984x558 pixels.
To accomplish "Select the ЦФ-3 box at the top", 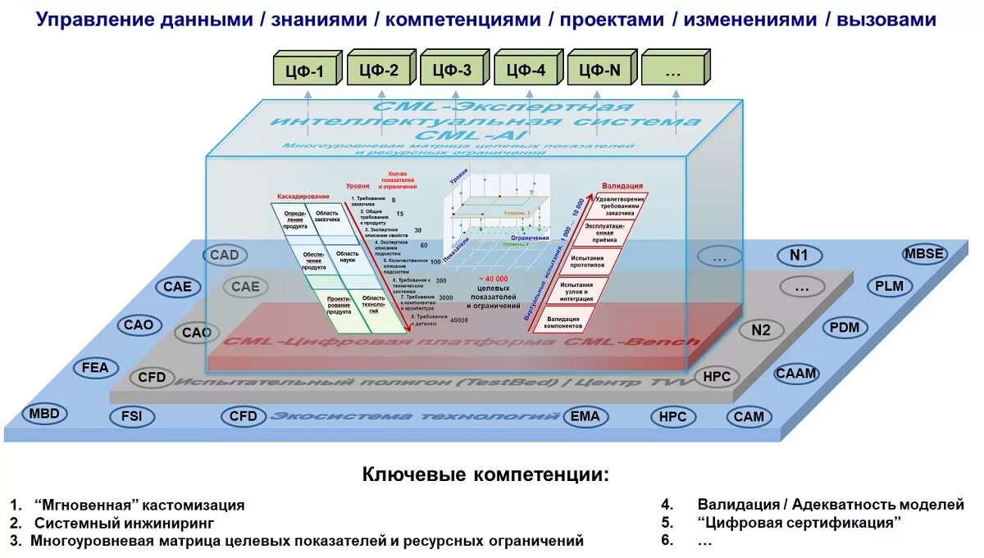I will tap(451, 70).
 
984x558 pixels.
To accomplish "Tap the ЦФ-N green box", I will tap(599, 70).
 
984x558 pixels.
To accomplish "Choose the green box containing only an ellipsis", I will tap(673, 70).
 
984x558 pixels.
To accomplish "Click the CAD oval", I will tap(224, 255).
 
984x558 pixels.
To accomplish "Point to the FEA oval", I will tap(95, 368).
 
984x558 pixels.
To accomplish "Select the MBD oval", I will tap(44, 414).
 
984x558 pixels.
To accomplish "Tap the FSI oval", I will tap(131, 416).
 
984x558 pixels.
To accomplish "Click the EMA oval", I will tap(585, 416).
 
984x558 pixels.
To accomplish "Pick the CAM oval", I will tap(749, 416).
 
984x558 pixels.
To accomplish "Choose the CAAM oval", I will tap(796, 374).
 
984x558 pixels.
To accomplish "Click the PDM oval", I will tap(845, 328).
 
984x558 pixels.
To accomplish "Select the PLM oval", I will tap(889, 286).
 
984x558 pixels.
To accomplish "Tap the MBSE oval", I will tap(924, 253).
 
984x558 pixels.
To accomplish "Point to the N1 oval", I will tap(799, 256).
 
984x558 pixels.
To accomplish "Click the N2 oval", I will tap(761, 331).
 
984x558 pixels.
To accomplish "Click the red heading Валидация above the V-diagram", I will tap(622, 186).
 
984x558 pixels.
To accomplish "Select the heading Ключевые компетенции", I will tap(486, 474).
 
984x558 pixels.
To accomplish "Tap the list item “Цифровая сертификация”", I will tap(799, 522).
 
